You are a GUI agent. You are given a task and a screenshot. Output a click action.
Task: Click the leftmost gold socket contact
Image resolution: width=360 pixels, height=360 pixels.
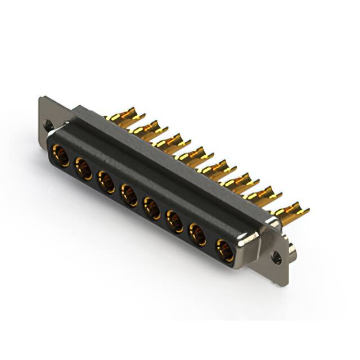61,155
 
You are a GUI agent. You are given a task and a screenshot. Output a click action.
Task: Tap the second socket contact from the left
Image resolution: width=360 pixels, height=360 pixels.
84,168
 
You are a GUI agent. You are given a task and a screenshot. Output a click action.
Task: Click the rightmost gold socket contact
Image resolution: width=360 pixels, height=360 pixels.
225,250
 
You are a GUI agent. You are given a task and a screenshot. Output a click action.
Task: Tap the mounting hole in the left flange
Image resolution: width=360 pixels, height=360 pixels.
49,126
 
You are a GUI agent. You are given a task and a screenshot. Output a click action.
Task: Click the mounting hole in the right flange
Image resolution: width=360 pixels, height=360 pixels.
276,258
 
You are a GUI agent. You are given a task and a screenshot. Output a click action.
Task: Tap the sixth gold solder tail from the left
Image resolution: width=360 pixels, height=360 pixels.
240,182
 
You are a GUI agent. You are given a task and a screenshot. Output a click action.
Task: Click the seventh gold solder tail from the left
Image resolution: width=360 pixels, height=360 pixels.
263,196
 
